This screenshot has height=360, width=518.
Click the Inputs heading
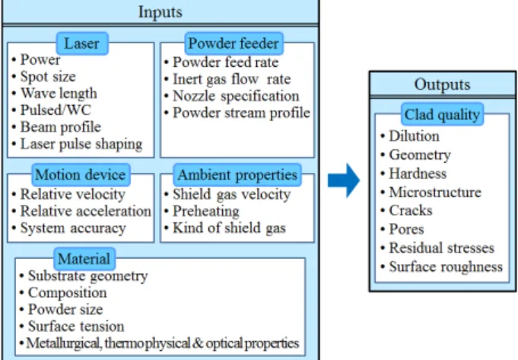160,12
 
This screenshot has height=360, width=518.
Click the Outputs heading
443,84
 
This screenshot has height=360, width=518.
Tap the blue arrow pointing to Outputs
344,180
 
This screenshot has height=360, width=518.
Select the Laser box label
82,43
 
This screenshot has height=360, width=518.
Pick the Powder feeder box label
234,43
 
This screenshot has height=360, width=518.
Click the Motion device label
81,174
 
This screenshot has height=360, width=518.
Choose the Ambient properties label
237,174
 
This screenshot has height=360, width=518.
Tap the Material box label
84,259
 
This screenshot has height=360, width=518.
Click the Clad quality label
442,114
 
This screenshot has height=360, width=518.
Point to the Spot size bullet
48,77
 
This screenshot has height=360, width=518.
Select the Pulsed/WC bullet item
56,110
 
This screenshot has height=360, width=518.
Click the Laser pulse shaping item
81,144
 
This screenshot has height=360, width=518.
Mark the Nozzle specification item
236,96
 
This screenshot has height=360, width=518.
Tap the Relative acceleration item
85,211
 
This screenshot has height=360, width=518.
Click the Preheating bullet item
206,212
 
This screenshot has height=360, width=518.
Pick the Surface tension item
76,327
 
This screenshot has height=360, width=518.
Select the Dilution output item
414,136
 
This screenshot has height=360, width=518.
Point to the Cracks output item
411,211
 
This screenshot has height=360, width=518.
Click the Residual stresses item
441,248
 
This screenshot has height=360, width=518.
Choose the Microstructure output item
435,192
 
